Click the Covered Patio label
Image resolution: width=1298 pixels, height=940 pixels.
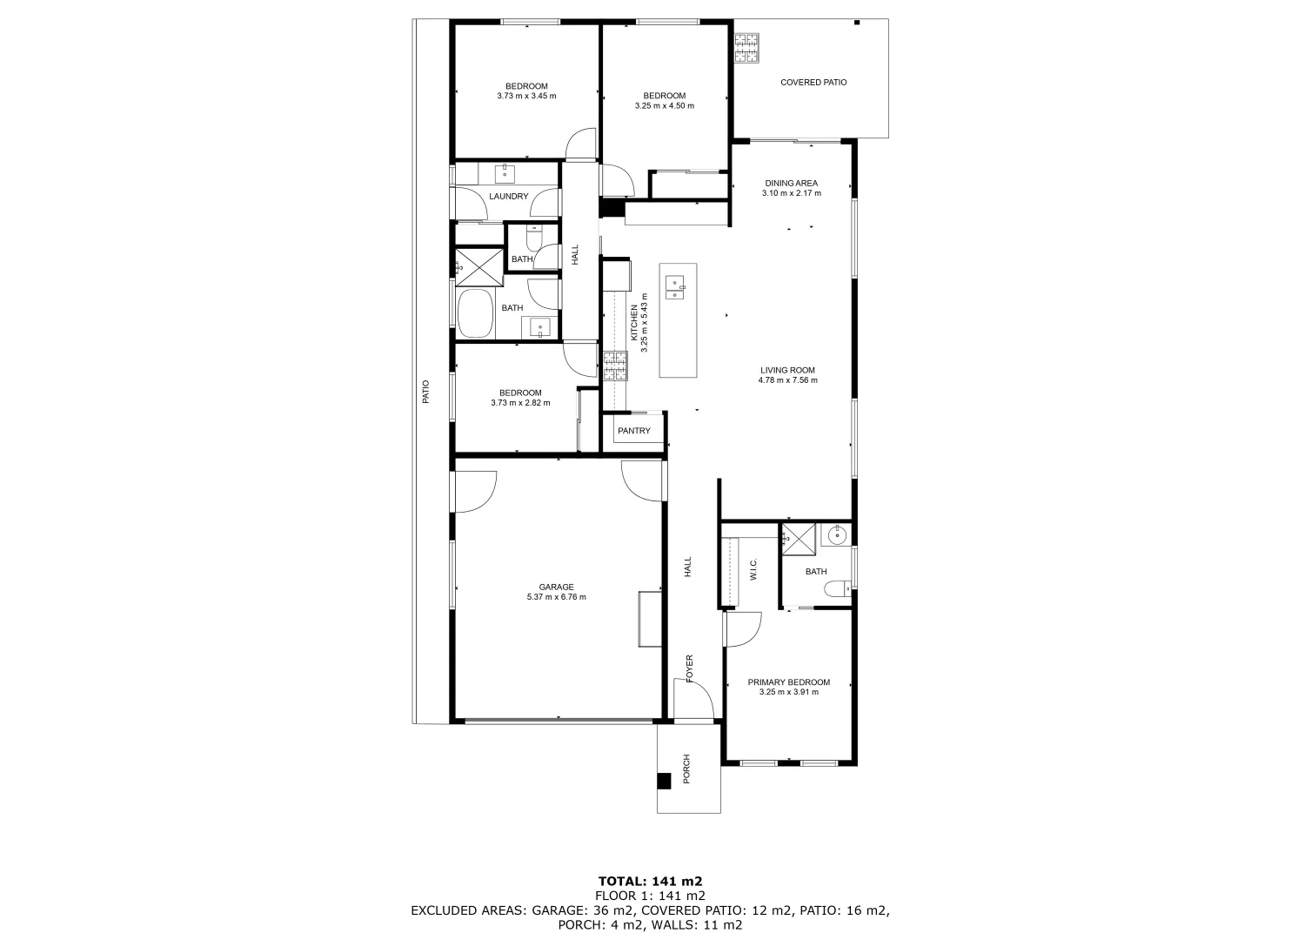(813, 83)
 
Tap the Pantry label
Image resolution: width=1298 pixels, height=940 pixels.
(634, 431)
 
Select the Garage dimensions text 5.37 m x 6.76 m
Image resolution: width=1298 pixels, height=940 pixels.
(556, 597)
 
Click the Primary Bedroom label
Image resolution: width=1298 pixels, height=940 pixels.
(788, 682)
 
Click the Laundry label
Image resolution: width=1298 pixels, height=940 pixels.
(508, 197)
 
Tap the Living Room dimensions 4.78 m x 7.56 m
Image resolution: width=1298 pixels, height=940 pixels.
(787, 380)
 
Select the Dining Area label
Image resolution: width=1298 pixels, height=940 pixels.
(791, 183)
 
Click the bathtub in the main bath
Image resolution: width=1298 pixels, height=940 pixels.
(475, 313)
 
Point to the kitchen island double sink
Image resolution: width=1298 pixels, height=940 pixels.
(674, 286)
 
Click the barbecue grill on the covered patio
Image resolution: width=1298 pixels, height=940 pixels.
(746, 49)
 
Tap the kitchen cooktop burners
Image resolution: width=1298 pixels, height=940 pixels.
(615, 366)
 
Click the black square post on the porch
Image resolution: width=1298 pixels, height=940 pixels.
(664, 781)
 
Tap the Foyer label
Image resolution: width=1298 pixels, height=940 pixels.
(689, 668)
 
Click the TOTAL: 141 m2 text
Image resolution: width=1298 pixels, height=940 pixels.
(650, 881)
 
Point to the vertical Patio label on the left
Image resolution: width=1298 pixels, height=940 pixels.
(425, 391)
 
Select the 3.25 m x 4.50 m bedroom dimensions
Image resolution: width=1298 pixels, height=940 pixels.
(664, 106)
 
